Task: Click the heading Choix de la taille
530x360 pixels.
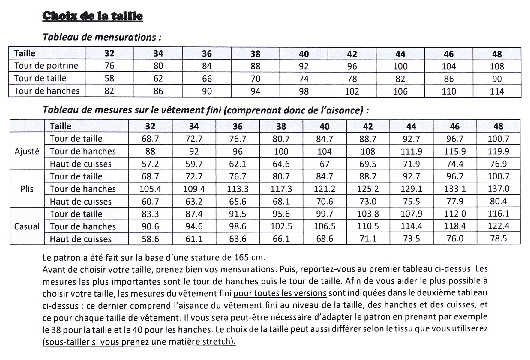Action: point(92,16)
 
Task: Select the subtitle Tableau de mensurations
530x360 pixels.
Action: point(102,37)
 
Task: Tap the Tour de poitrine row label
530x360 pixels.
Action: point(46,66)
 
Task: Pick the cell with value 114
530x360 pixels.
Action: point(497,91)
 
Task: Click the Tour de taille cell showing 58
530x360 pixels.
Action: point(109,79)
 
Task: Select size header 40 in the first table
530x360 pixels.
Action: point(304,54)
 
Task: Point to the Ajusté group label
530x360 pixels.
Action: point(27,151)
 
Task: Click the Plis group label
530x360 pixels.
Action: point(27,189)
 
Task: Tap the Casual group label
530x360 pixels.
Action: point(27,226)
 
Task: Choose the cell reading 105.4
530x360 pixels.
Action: point(150,189)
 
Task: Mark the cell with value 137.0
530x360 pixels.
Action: point(498,189)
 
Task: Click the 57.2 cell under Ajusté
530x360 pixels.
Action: point(150,164)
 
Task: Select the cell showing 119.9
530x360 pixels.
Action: point(498,151)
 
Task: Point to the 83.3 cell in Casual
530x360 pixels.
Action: point(150,214)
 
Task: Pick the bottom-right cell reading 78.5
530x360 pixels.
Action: point(498,239)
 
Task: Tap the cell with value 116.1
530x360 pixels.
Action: point(498,214)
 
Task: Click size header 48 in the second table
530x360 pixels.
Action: point(498,126)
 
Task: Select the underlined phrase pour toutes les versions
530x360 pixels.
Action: point(280,293)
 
